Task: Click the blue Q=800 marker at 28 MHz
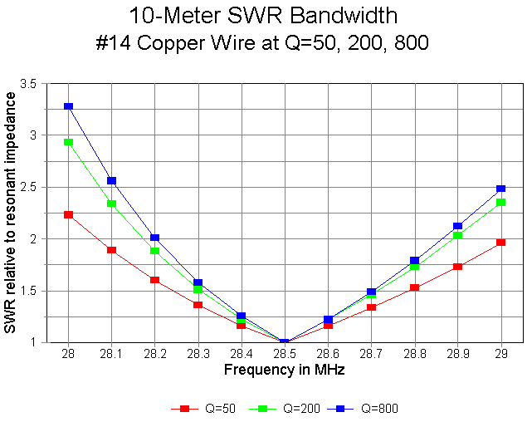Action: [x=68, y=106]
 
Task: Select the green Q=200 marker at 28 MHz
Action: [x=68, y=142]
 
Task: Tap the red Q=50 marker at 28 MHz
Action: [x=68, y=214]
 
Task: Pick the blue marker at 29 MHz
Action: [x=501, y=189]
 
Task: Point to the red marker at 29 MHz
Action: [x=501, y=243]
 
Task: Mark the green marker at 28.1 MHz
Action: [x=111, y=204]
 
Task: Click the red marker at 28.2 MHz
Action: [x=154, y=280]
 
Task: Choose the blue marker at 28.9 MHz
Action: [x=458, y=226]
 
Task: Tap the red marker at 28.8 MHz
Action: [x=415, y=287]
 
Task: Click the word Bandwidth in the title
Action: [x=342, y=15]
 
